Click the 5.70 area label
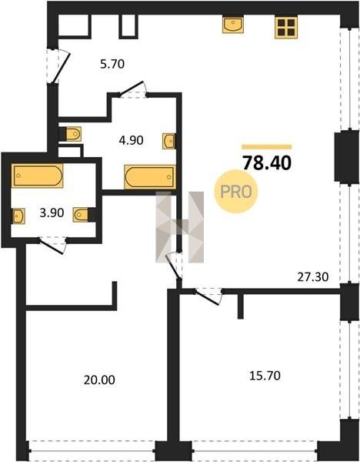pos(112,64)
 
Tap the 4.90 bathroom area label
pos(131,140)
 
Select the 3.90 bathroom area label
pos(52,213)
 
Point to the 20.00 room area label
pos(99,380)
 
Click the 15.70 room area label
pos(265,376)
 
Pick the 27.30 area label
pos(313,277)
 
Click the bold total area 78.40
pos(267,163)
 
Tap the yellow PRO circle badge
pos(236,192)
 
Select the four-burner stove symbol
pos(286,27)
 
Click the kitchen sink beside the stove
pos(233,25)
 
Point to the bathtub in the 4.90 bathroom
pos(150,177)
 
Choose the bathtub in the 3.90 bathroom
pos(37,176)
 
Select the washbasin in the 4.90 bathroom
pos(169,141)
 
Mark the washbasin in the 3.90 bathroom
pos(18,216)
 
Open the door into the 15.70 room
pos(208,296)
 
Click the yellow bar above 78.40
pos(267,147)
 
